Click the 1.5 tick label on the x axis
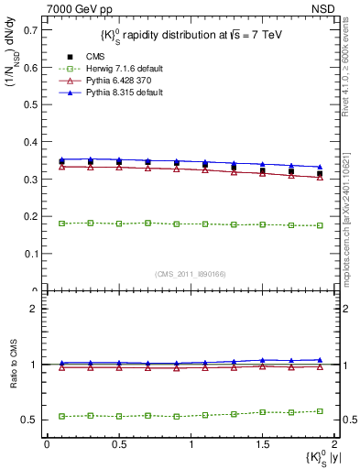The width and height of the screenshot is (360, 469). (263, 444)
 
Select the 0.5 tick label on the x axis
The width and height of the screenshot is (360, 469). (118, 444)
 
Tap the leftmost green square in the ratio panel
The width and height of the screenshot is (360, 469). (61, 416)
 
